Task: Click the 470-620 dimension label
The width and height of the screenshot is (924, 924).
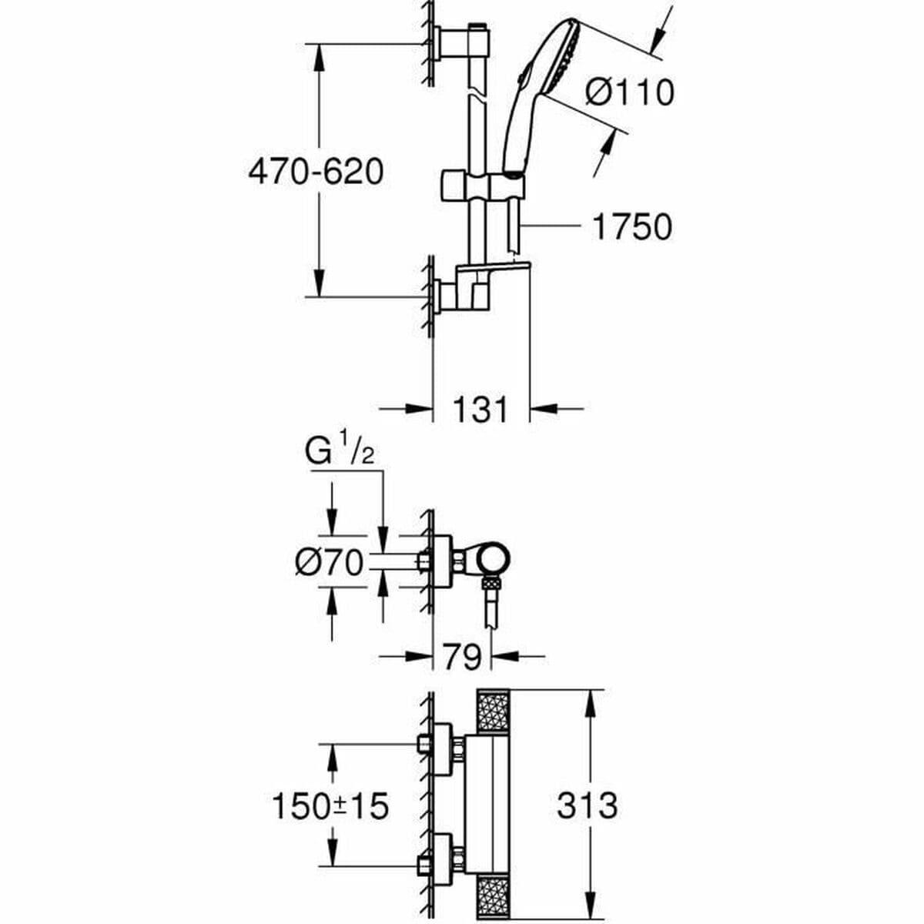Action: coord(315,172)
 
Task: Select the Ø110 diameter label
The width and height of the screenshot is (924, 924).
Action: coord(629,92)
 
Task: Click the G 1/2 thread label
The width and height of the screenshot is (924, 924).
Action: coord(340,454)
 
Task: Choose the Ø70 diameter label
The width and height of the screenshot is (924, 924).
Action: coord(328,564)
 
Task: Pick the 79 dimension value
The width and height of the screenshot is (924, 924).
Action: coord(462,658)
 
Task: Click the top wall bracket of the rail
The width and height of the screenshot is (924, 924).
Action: coord(454,42)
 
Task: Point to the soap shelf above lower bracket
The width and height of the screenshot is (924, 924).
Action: coord(493,270)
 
